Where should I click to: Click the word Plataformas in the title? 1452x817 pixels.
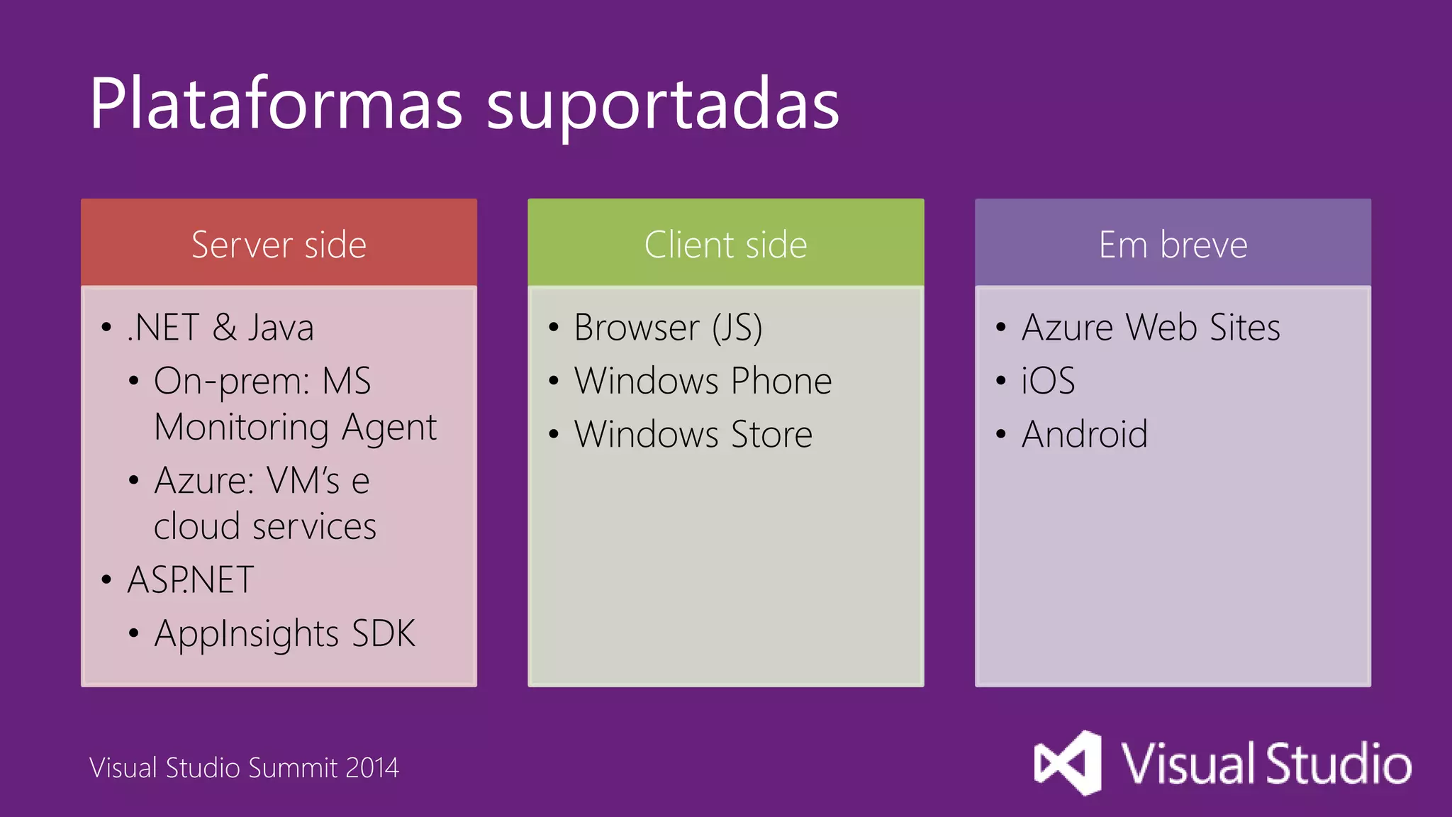point(276,104)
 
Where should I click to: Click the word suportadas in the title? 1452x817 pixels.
point(663,106)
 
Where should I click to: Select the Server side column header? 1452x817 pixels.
point(279,245)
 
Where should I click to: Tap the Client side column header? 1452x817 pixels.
point(725,245)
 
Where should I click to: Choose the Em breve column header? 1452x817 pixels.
point(1173,245)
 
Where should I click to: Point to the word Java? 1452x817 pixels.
point(281,328)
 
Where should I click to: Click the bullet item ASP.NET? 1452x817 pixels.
point(191,580)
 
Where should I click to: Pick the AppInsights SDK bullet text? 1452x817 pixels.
point(284,634)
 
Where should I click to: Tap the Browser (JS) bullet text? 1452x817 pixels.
point(668,328)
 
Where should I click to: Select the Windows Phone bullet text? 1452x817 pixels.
point(703,381)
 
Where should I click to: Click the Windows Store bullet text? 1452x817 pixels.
point(693,434)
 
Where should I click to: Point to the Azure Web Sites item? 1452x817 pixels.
point(1151,328)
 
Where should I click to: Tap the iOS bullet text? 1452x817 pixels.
point(1048,381)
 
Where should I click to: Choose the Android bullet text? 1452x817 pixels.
point(1084,434)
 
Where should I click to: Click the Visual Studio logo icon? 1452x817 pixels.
point(1068,763)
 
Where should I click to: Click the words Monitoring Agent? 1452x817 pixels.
point(295,428)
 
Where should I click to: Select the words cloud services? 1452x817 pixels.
point(265,527)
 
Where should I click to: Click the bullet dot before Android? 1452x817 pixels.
point(1000,434)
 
